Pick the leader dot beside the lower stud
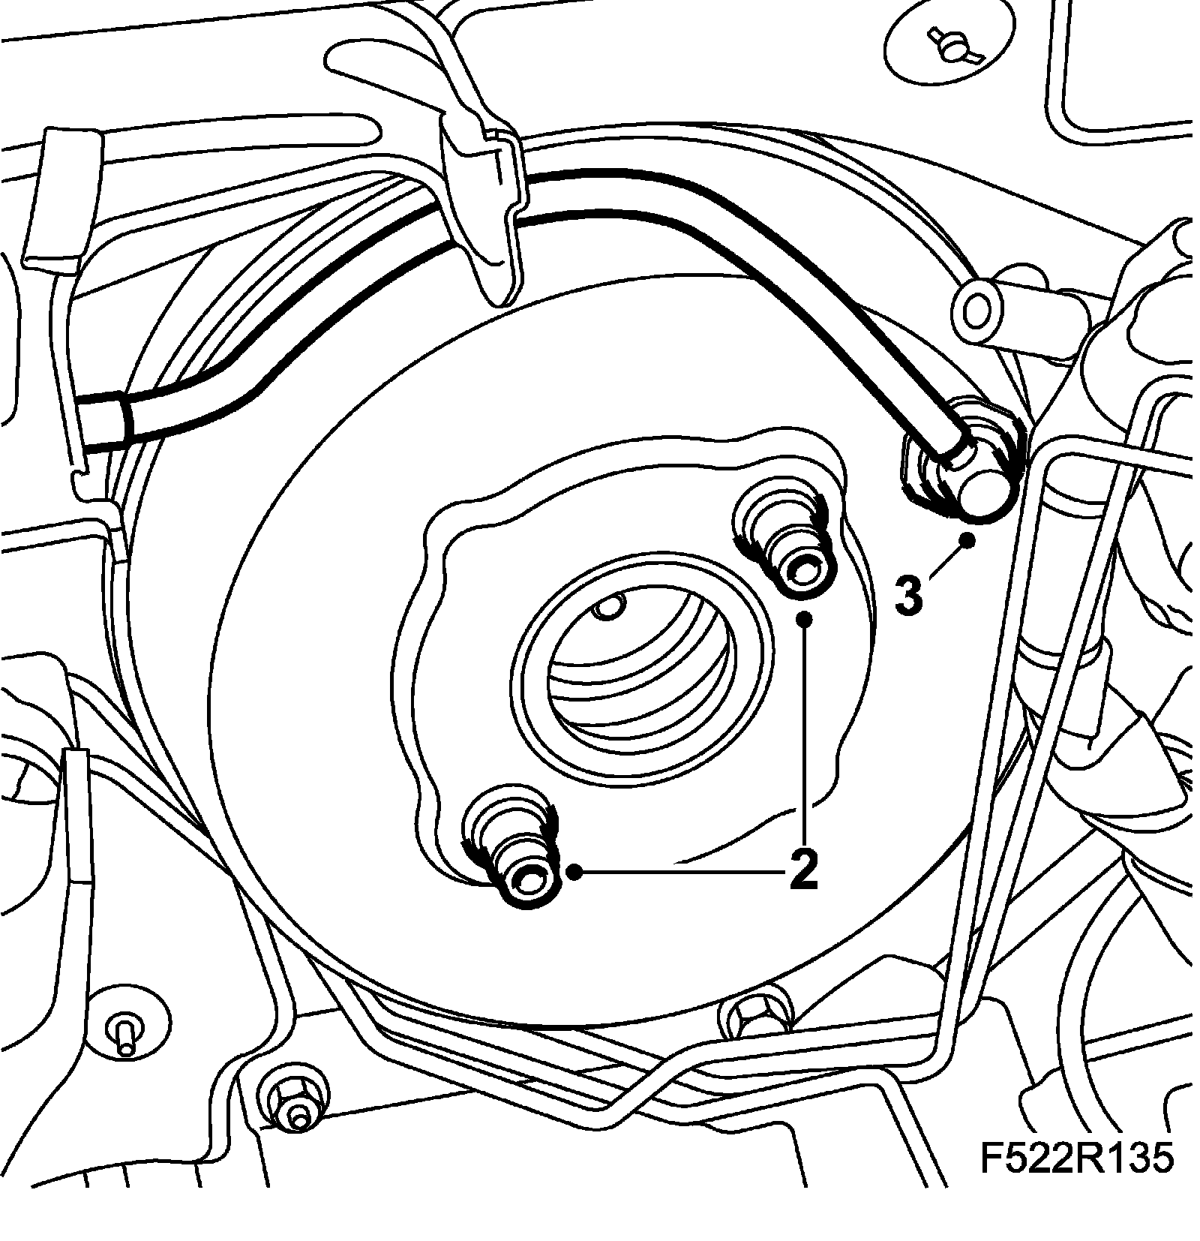coord(575,871)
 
